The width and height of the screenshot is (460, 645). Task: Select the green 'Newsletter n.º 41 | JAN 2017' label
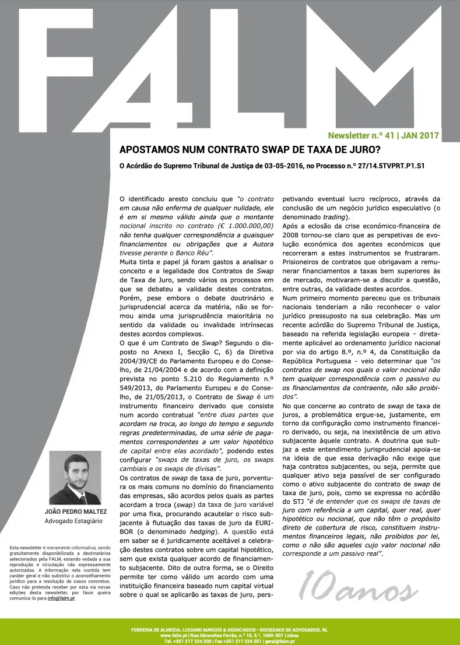tap(383, 135)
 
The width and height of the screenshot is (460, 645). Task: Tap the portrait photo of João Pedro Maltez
tap(75, 478)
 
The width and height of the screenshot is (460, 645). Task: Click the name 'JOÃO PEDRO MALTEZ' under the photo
tap(75, 512)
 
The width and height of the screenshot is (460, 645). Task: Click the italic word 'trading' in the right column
tap(335, 216)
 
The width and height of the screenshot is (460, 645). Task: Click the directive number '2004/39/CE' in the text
tap(138, 360)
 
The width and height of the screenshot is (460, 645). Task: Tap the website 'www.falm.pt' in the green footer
tap(172, 636)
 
